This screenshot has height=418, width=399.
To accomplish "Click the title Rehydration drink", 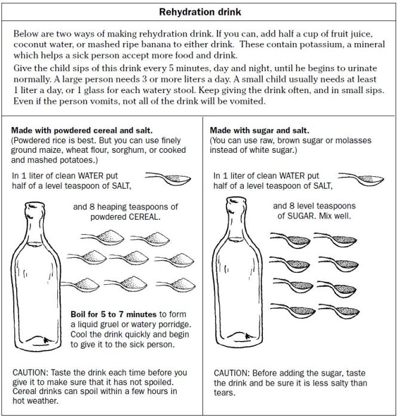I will pyautogui.click(x=199, y=11).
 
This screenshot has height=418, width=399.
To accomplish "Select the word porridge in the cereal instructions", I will pyautogui.click(x=170, y=324).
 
